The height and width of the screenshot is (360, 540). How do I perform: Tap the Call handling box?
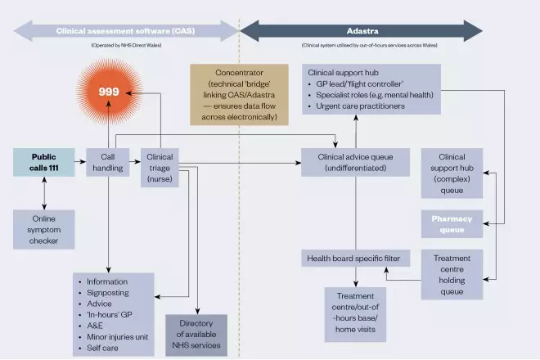(106, 162)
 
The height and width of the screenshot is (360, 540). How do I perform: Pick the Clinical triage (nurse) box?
(160, 167)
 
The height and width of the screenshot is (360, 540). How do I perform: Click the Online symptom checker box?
(44, 230)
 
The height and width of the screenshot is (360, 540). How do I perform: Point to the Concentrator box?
(232, 95)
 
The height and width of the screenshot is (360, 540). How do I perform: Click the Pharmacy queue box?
(452, 224)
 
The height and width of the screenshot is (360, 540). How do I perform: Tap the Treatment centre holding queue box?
(452, 274)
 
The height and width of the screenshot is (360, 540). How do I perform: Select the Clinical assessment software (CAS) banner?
(126, 31)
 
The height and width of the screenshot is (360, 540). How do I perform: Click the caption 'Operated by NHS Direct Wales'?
(127, 46)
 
